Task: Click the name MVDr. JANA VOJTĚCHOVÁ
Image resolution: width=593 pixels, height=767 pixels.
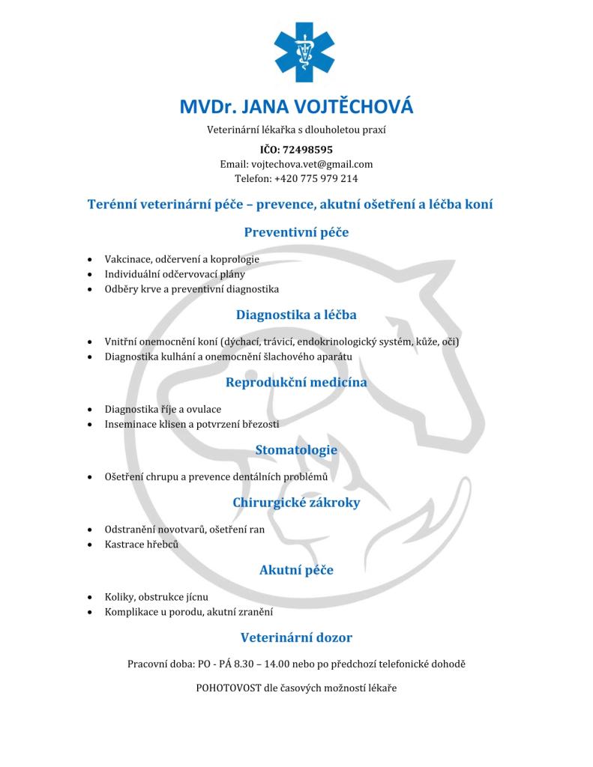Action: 296,106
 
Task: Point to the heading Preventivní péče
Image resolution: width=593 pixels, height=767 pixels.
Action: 296,232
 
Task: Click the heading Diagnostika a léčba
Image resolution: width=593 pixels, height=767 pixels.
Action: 296,315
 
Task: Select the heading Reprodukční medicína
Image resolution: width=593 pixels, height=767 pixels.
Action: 296,383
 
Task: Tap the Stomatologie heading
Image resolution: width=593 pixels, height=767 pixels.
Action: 296,450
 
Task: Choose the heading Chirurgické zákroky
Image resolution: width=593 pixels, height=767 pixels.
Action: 296,503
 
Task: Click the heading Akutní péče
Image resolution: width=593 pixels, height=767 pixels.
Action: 296,571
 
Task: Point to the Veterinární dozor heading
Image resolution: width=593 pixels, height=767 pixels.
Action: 296,638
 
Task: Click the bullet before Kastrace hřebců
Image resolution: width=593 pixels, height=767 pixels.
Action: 90,545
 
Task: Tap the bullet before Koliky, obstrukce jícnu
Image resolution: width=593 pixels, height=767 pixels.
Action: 90,598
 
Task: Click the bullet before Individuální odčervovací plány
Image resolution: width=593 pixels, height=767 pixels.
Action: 90,274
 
